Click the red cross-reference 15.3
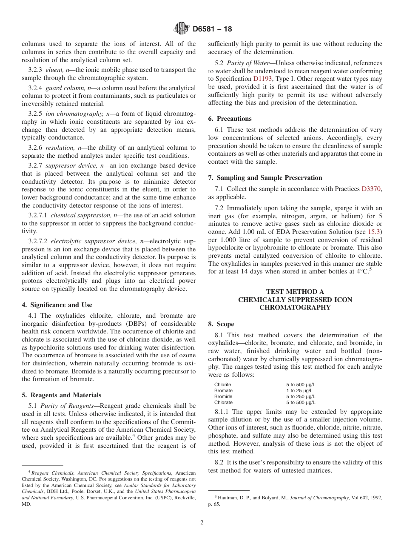(375, 231)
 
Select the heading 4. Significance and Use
(57, 305)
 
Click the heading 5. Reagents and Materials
(61, 395)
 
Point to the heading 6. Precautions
(230, 119)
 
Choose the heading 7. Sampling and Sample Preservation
(265, 178)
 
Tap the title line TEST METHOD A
(295, 292)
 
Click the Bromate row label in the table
(223, 390)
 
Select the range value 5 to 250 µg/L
(301, 396)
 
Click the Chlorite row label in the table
(223, 384)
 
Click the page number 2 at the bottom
(202, 523)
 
